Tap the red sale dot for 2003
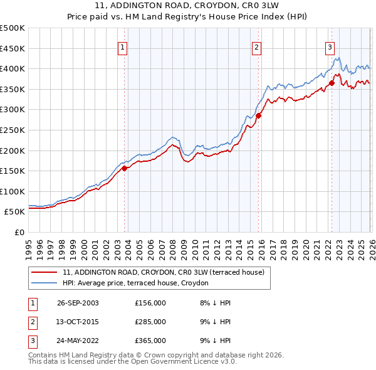[125, 168]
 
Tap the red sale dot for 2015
[258, 115]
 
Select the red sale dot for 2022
[332, 83]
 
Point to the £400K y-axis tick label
[13, 69]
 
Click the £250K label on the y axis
[13, 130]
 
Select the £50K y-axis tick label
[14, 212]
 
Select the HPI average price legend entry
[138, 283]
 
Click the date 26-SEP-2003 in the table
[78, 303]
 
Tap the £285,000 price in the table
[150, 322]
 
